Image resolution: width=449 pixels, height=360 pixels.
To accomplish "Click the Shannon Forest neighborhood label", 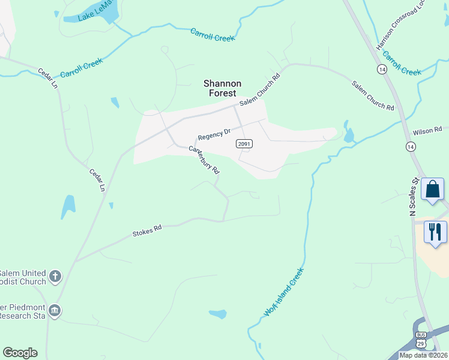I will tap(222, 88).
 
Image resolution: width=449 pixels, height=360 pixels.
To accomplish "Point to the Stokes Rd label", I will tap(147, 230).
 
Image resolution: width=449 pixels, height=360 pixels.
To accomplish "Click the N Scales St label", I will tap(413, 196).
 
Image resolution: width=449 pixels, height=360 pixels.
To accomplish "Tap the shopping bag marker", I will tap(433, 190).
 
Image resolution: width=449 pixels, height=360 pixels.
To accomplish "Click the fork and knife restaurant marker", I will tap(435, 232).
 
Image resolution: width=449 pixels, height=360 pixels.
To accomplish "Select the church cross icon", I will tap(55, 277).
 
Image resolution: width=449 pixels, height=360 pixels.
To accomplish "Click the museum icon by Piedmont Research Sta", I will tap(55, 310).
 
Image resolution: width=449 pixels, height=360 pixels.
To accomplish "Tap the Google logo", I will tap(20, 353).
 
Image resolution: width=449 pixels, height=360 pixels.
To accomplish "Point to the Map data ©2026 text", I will tap(423, 355).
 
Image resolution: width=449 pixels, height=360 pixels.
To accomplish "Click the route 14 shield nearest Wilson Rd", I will tap(411, 146).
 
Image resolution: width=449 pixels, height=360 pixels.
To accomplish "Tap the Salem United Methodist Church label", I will tap(23, 277).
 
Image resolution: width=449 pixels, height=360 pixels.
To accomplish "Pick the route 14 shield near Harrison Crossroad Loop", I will tap(382, 70).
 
